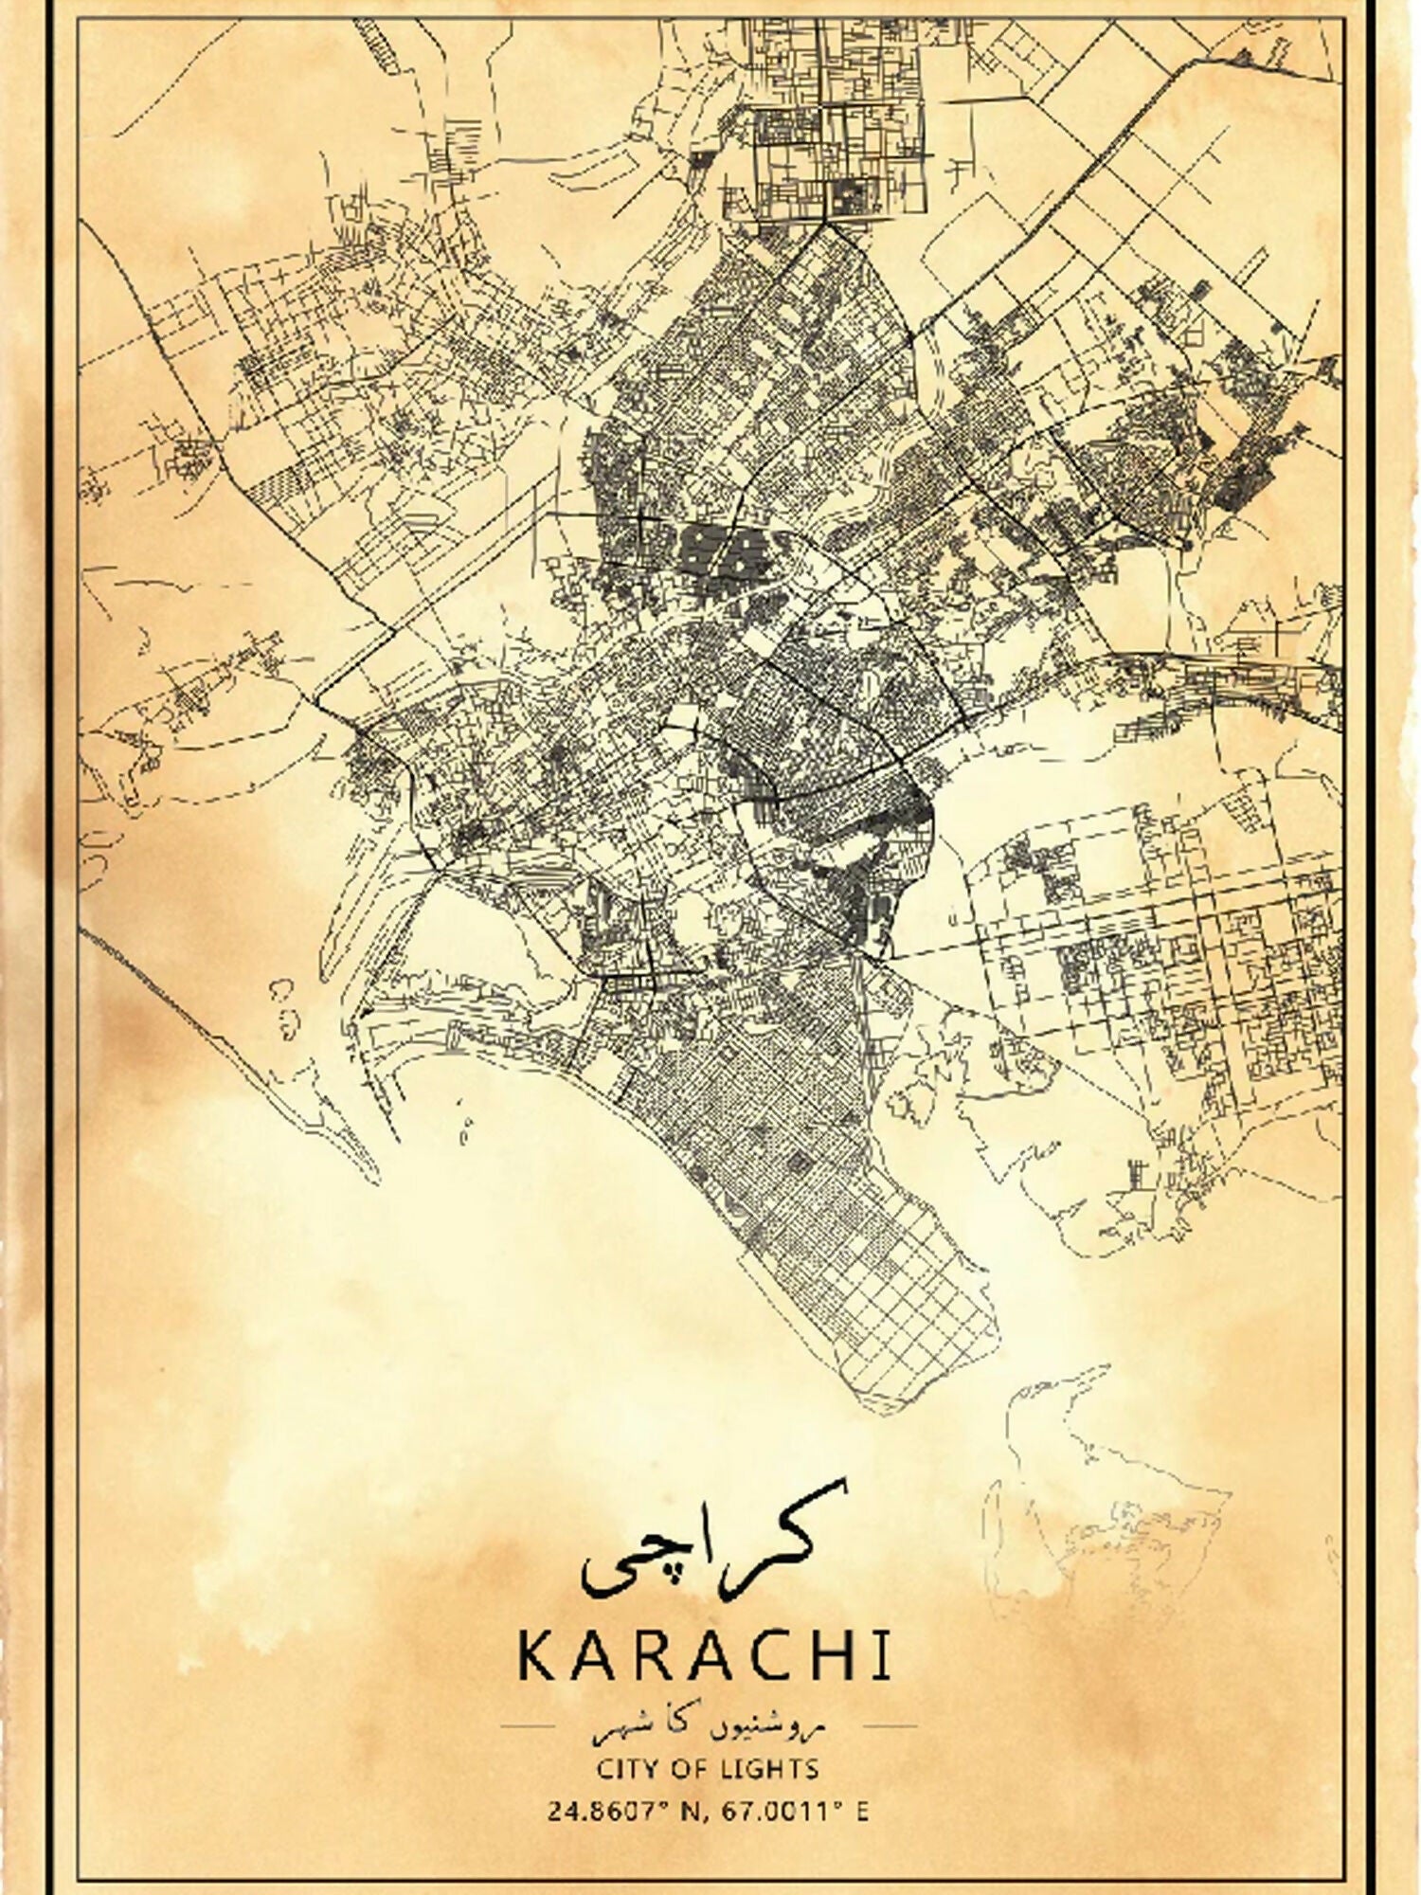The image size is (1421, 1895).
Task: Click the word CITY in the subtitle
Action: (624, 1768)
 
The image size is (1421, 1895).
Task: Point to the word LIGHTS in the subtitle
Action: (779, 1768)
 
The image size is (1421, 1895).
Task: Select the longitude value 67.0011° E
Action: (795, 1812)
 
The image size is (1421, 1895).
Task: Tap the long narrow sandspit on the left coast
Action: (227, 1042)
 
